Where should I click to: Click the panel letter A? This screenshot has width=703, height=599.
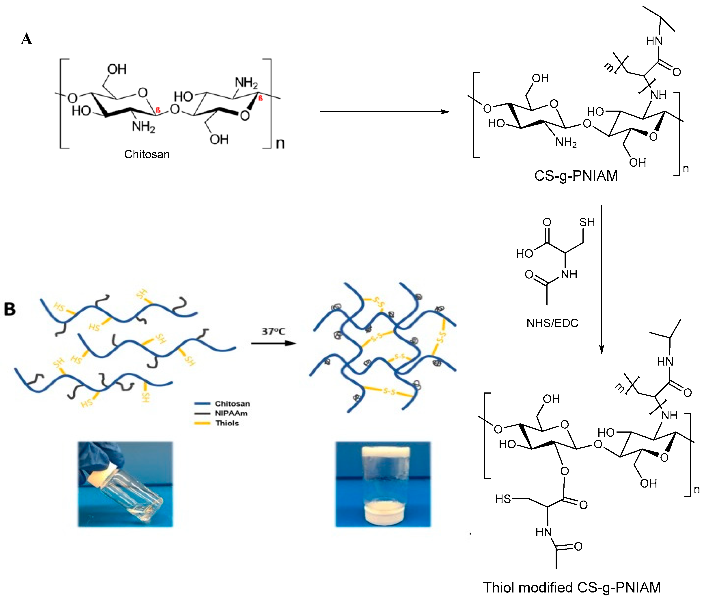point(26,39)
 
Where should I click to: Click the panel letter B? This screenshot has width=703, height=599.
point(10,309)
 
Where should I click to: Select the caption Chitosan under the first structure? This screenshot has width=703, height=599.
point(147,155)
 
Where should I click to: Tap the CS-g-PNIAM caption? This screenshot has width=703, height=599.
point(576,176)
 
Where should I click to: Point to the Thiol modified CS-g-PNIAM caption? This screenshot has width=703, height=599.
point(572,587)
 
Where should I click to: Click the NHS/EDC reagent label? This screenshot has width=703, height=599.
point(552,323)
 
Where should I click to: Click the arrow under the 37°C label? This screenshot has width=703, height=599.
point(273,343)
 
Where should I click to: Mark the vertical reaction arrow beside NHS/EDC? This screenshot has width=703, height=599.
point(602,279)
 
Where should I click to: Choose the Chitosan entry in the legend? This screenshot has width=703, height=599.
point(232,403)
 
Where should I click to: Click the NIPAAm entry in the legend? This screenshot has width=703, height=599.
point(231,413)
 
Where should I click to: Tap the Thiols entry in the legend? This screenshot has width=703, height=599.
point(227,423)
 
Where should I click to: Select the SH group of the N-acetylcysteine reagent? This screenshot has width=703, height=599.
point(587,222)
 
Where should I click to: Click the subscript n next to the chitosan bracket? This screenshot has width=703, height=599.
point(280,143)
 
